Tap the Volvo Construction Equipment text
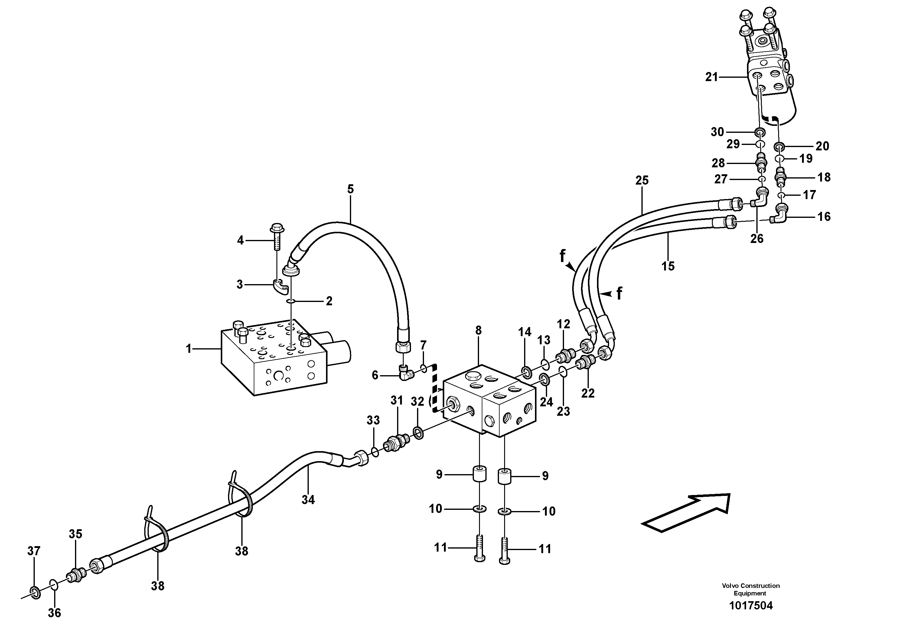click(x=750, y=589)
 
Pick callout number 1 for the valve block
click(x=188, y=348)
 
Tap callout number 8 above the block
click(x=478, y=330)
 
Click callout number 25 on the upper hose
click(x=642, y=180)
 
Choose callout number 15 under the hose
click(x=668, y=266)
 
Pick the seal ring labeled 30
click(x=760, y=133)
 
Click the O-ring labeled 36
click(x=54, y=585)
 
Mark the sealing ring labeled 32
click(x=418, y=433)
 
